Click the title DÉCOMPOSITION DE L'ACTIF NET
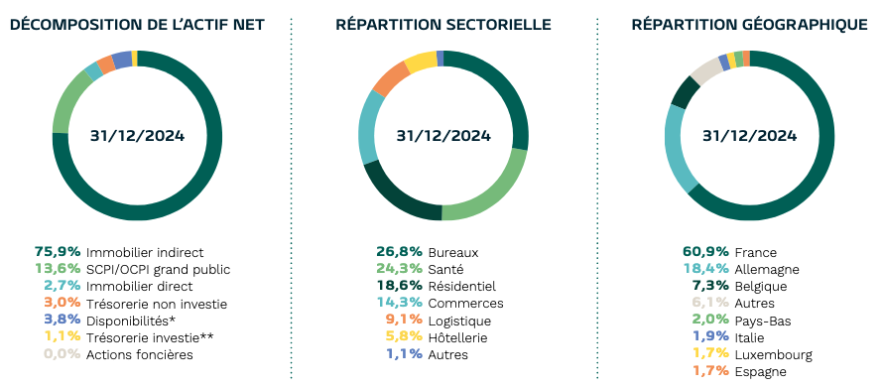click(x=137, y=24)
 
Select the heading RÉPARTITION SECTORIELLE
click(x=443, y=24)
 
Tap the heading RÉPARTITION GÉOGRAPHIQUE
click(x=749, y=24)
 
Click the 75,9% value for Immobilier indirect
click(x=58, y=252)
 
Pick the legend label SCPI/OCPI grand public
click(x=159, y=269)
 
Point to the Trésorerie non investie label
click(x=157, y=304)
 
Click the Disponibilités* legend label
click(x=132, y=321)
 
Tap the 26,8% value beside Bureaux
click(x=399, y=252)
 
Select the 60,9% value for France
click(x=705, y=252)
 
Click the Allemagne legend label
click(x=767, y=269)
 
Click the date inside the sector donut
click(x=443, y=136)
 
